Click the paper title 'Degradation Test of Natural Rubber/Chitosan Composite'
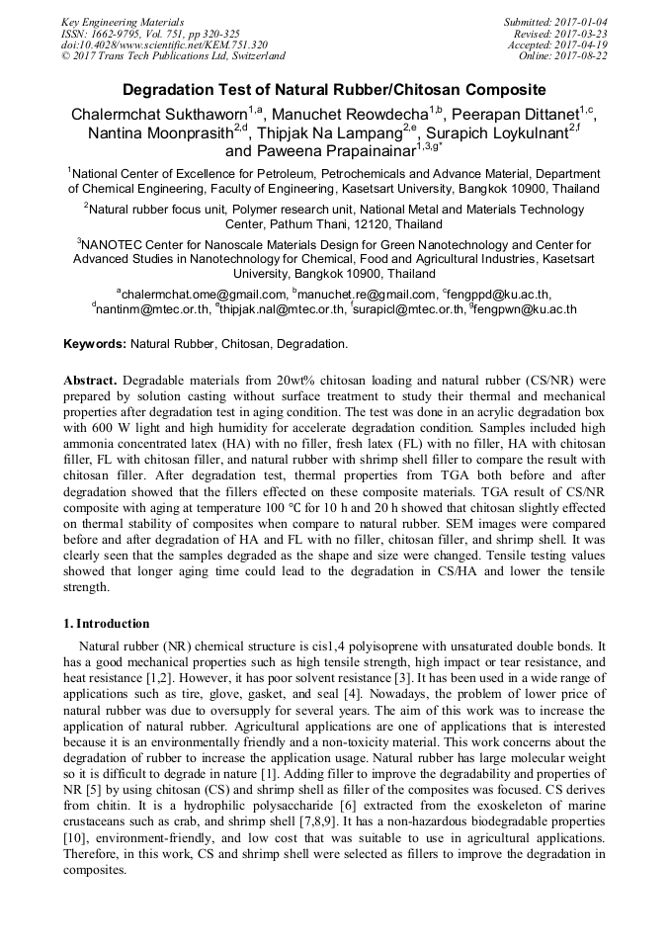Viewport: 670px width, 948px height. click(334, 89)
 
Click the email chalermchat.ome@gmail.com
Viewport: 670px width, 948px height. click(203, 295)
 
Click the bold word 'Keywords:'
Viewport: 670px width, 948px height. click(95, 345)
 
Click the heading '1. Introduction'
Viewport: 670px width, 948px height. click(107, 624)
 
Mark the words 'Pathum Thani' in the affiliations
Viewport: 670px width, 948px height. click(304, 224)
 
